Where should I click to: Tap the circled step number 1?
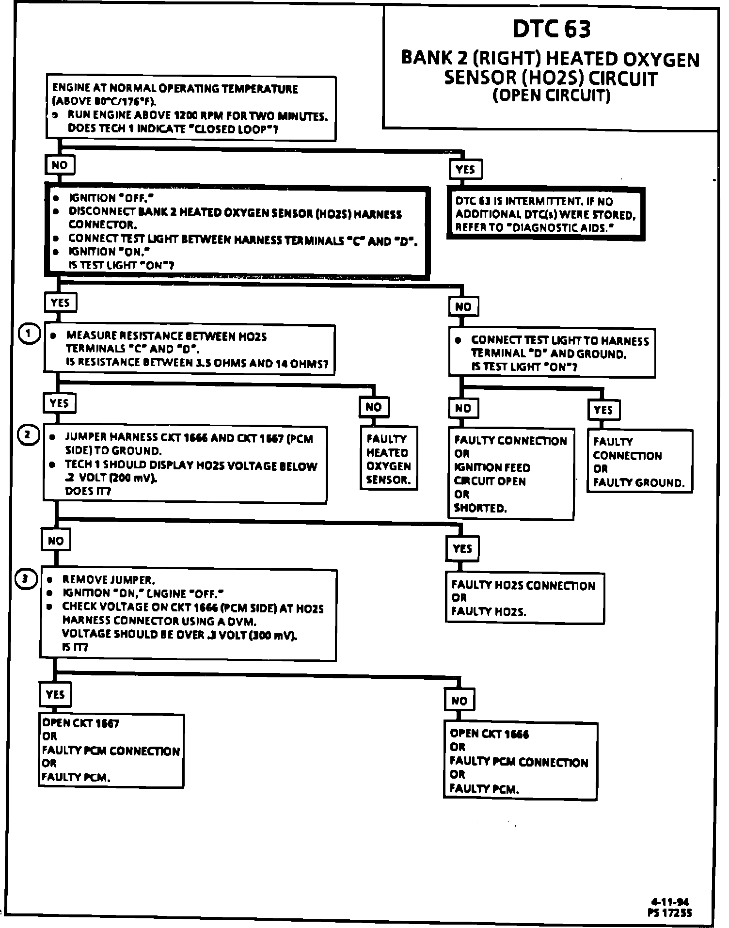[x=28, y=334]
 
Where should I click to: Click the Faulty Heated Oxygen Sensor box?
[x=389, y=459]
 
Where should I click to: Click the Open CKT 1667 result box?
[x=111, y=750]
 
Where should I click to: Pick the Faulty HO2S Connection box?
[x=524, y=598]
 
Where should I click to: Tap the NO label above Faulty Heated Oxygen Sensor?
[x=374, y=407]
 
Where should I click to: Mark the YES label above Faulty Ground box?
[x=603, y=410]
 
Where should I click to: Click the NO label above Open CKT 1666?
[x=459, y=700]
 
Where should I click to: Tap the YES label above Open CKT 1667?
[x=55, y=694]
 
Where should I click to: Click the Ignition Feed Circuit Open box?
[x=510, y=474]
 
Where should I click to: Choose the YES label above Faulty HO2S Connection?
[x=462, y=548]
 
